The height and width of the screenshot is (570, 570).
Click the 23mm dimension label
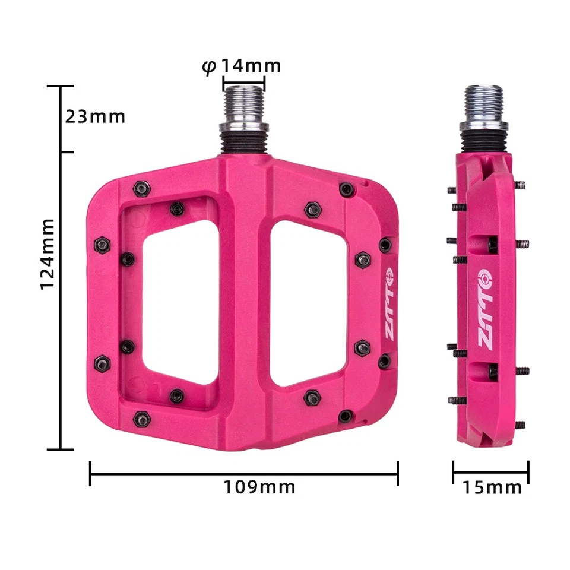tap(95, 116)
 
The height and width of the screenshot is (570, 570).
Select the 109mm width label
tap(259, 487)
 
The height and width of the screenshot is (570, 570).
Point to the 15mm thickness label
tap(492, 488)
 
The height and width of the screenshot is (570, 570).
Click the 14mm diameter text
tap(251, 66)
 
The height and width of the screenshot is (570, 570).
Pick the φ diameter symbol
tap(208, 66)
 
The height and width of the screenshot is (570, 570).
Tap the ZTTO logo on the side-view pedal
tap(485, 309)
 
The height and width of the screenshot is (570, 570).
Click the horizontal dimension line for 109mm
tap(243, 473)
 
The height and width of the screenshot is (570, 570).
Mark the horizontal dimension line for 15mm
tap(490, 473)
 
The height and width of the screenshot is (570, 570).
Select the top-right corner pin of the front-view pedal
tap(346, 189)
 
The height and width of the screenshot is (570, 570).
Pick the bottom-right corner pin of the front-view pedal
tap(345, 416)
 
